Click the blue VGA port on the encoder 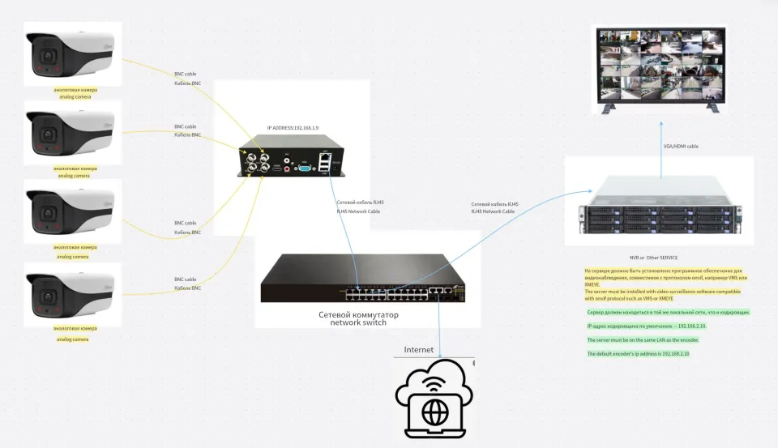303,168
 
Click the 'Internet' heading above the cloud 419,350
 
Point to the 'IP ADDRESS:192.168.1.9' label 293,128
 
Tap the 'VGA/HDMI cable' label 681,147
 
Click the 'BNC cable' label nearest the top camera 185,74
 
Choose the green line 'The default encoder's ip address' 638,354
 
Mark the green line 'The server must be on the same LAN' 643,340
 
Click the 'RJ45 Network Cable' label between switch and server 493,211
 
